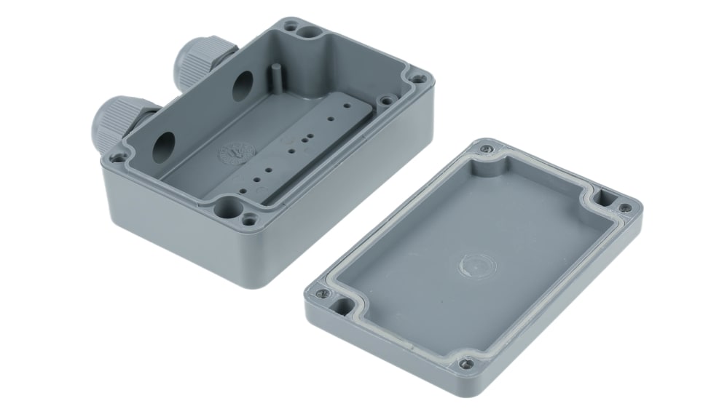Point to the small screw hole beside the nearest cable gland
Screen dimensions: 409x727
[117, 155]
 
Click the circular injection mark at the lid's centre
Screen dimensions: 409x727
[473, 266]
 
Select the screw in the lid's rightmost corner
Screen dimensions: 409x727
[625, 208]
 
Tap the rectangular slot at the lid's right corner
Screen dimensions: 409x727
[605, 197]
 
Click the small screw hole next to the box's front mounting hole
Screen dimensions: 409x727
[251, 216]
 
